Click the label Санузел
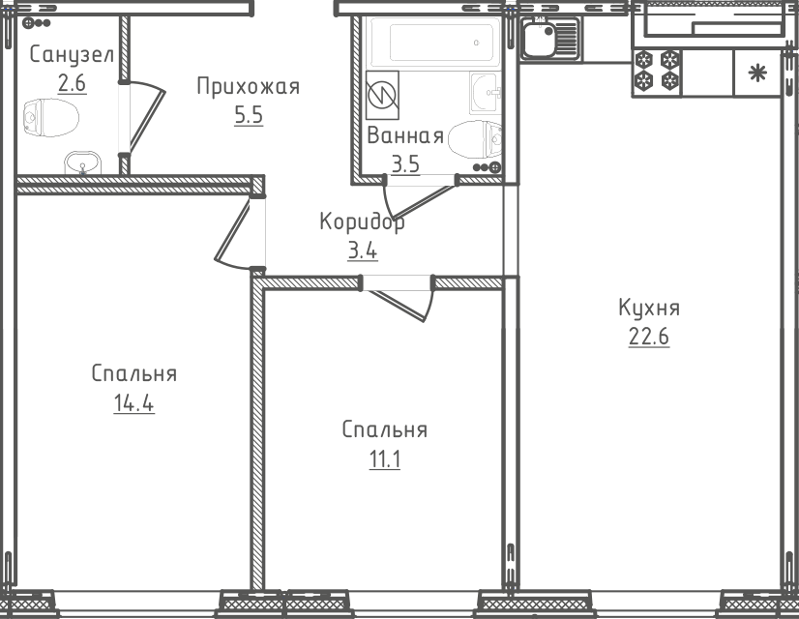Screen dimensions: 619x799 72,54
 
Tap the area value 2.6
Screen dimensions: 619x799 72,84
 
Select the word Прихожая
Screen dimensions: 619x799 248,87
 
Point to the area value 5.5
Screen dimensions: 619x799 248,116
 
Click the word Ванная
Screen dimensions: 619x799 405,136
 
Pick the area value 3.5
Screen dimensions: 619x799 405,163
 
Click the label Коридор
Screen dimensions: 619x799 362,222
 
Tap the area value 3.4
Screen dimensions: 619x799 362,252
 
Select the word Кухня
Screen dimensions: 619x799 649,309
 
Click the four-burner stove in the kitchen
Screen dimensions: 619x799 657,74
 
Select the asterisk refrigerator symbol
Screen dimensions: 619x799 757,73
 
